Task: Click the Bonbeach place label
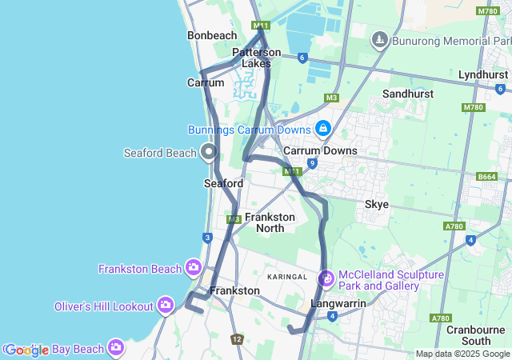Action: [212, 36]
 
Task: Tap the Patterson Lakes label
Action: [257, 58]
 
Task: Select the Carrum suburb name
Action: [206, 82]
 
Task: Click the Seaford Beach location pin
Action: [210, 150]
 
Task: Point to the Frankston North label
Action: [270, 222]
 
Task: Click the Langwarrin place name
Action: [338, 303]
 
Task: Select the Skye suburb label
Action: [377, 204]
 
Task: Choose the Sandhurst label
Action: [408, 94]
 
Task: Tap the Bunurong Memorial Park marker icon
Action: [380, 38]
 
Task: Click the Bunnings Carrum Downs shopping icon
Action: [322, 128]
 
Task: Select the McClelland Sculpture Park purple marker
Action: [326, 279]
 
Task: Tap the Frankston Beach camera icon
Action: [193, 266]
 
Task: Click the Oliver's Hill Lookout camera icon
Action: [166, 304]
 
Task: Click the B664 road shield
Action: [486, 176]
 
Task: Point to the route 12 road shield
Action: [237, 339]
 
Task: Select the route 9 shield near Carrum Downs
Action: [312, 163]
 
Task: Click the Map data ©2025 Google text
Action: [462, 354]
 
